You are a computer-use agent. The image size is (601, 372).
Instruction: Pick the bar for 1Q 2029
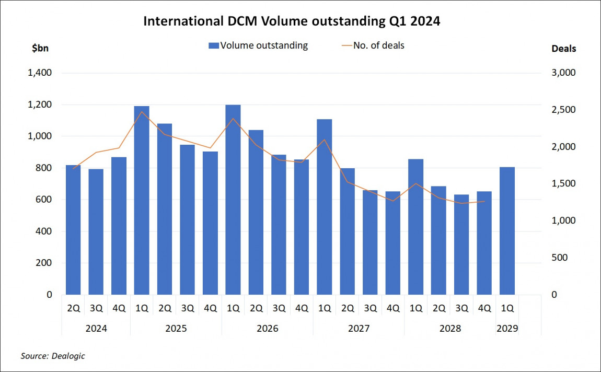[x=507, y=230]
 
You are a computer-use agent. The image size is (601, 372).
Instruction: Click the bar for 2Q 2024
[x=73, y=230]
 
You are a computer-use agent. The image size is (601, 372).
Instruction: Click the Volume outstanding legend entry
[x=258, y=45]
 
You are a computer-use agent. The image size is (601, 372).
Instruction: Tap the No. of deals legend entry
[x=373, y=45]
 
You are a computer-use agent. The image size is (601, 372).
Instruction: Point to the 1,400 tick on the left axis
[x=39, y=73]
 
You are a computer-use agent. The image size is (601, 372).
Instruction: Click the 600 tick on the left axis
[x=43, y=200]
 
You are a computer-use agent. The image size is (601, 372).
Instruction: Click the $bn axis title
[x=41, y=49]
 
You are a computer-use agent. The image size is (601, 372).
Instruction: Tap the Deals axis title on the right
[x=564, y=49]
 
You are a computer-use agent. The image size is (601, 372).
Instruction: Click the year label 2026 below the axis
[x=267, y=329]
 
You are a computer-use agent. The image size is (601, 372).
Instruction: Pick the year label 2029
[x=507, y=329]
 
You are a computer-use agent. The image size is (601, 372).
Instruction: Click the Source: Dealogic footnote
[x=53, y=356]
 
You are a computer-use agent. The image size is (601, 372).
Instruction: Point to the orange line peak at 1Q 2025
[x=142, y=111]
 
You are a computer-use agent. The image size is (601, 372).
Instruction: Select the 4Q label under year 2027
[x=392, y=308]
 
